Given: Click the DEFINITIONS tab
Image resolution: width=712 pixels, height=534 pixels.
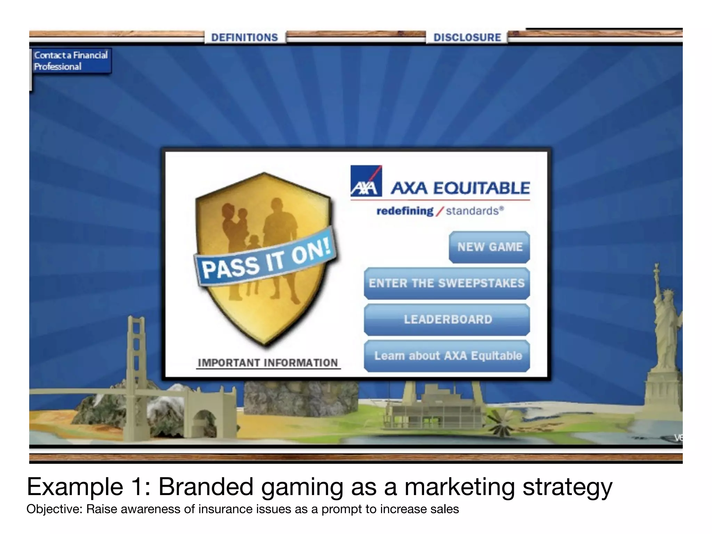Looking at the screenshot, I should coord(245,37).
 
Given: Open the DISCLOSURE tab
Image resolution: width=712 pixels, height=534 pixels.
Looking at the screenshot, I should coord(467,37).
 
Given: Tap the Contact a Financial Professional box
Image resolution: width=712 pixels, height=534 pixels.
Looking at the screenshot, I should coord(71,61).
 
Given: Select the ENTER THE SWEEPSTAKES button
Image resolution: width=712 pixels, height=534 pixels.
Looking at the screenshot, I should coord(447,283).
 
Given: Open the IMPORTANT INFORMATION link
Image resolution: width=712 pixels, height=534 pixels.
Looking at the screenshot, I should coord(268,363).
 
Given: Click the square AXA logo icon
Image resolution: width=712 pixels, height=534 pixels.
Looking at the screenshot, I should coord(366,181).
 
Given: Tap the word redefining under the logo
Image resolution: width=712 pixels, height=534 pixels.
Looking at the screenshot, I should coord(405,211).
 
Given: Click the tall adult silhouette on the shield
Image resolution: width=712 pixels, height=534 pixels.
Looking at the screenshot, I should coord(280,243).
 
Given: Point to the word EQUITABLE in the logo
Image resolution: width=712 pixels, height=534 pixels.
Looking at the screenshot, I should coord(482,188).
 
